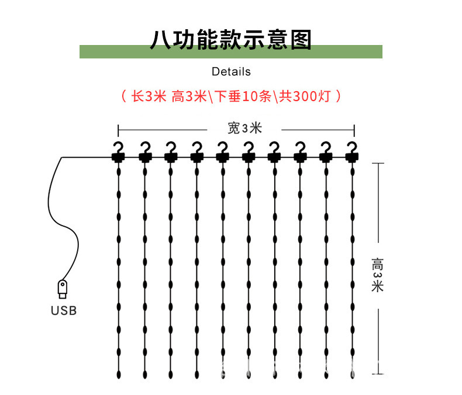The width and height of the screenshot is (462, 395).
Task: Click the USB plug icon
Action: point(62,289)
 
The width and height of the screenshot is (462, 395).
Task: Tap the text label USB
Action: point(63,311)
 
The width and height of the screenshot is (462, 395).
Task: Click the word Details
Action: point(231,72)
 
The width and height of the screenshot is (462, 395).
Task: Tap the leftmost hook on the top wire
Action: point(119,147)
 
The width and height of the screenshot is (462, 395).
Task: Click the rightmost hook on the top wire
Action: point(351,147)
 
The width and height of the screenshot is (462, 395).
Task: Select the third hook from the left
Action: point(170,147)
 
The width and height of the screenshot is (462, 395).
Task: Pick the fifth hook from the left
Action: point(222,147)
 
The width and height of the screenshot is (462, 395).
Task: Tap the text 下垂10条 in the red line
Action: point(243,96)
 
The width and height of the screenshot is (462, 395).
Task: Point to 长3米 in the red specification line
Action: point(149,96)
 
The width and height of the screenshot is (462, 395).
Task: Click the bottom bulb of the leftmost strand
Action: point(119,372)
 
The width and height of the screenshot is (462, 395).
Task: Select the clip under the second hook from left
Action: point(144,157)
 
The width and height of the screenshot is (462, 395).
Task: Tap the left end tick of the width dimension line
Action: point(118,129)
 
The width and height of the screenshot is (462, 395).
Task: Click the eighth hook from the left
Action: point(300,147)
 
